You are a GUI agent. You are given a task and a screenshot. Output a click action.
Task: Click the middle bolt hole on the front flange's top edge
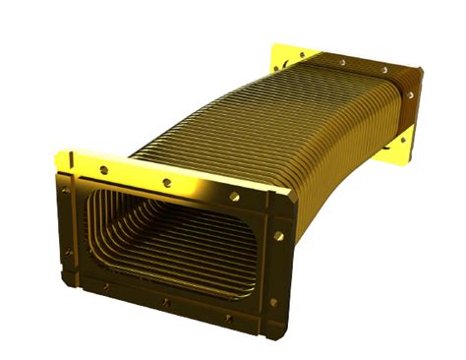click(x=167, y=182)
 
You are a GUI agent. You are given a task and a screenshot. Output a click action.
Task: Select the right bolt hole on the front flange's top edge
click(x=234, y=196)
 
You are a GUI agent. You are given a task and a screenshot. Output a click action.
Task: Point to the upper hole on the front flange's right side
click(x=279, y=236)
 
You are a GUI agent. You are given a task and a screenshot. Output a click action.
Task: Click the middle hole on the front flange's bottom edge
click(x=165, y=301)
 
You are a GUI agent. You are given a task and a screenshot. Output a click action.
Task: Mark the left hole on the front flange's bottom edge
click(x=106, y=287)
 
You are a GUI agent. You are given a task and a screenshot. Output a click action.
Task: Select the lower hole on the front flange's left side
click(x=68, y=252)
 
